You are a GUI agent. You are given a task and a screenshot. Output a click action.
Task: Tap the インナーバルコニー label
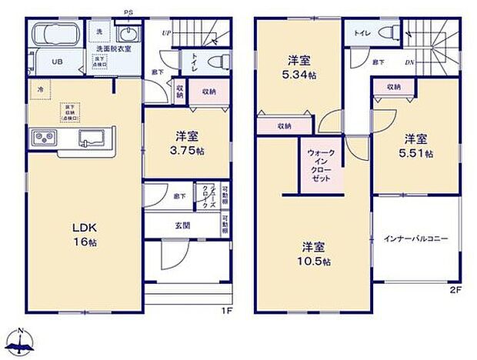click(415, 238)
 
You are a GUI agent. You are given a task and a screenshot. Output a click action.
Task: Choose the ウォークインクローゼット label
click(320, 165)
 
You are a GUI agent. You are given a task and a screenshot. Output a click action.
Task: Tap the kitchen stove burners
click(43, 138)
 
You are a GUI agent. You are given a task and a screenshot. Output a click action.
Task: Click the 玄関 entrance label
click(183, 225)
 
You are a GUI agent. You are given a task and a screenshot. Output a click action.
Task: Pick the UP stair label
click(166, 33)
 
